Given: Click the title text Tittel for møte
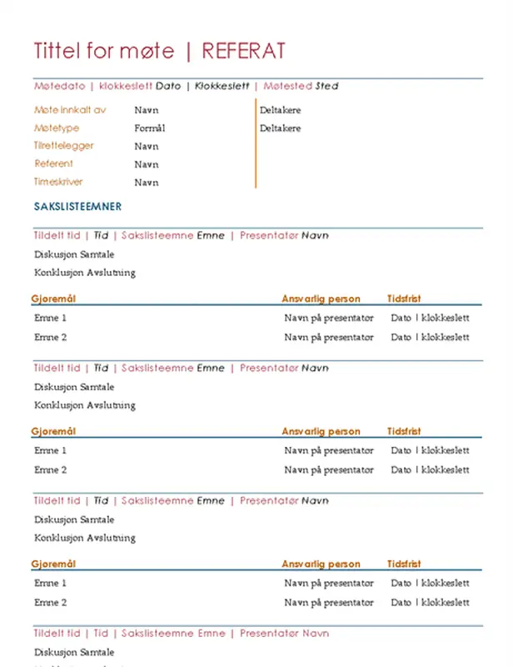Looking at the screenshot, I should (104, 52).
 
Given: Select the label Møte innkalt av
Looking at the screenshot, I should (70, 110).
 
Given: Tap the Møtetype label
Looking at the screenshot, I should (57, 128).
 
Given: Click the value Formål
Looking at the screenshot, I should (150, 128).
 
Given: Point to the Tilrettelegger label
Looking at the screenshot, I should (64, 146).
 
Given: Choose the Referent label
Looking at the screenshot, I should (53, 164).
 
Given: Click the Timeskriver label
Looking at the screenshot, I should (58, 182).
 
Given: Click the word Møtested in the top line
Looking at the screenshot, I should (287, 86).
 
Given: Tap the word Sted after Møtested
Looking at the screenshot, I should (327, 86).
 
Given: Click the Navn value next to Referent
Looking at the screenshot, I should (146, 164).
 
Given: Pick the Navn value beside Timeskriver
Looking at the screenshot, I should (146, 183).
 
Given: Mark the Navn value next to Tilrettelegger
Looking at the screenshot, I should (146, 146).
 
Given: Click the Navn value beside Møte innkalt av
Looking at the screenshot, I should (146, 110).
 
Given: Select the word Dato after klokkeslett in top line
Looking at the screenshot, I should (168, 86).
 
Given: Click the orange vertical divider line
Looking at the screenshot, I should (256, 143).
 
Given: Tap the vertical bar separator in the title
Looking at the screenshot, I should (188, 52).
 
